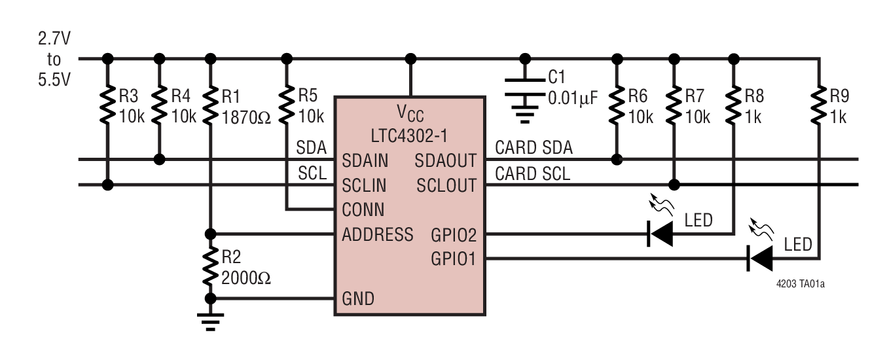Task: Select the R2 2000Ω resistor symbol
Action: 210,266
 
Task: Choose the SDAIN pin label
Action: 364,161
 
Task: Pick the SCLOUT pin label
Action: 447,186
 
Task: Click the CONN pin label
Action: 363,210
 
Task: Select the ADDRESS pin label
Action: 377,234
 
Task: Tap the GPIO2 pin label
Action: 454,234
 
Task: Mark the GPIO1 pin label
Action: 454,259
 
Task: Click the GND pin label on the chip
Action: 358,299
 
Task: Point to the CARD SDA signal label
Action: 534,148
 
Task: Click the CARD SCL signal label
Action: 532,173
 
